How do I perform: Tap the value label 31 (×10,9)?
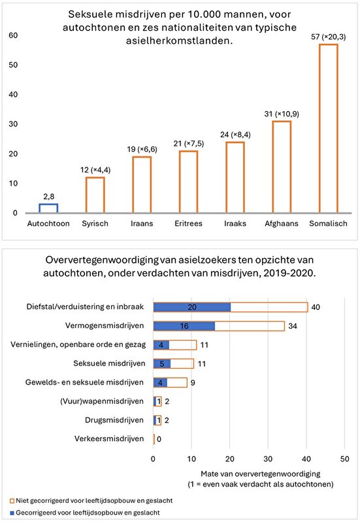[282, 114]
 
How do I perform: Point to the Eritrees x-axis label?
[188, 224]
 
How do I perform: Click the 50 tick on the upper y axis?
[13, 65]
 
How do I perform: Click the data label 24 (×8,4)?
[235, 135]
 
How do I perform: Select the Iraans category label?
[142, 224]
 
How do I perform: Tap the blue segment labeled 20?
[192, 307]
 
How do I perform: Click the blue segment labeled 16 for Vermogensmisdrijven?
[184, 326]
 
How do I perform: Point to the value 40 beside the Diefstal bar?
[316, 307]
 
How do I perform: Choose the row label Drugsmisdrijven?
[114, 420]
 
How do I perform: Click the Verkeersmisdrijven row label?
[109, 439]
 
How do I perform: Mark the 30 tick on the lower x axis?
[268, 459]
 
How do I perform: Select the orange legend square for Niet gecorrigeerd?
[12, 501]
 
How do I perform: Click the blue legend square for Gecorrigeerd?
[12, 513]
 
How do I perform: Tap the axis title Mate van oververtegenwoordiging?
[260, 474]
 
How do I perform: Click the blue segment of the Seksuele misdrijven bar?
[162, 364]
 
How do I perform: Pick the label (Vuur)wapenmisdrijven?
[102, 401]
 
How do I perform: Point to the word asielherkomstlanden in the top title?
[179, 41]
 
